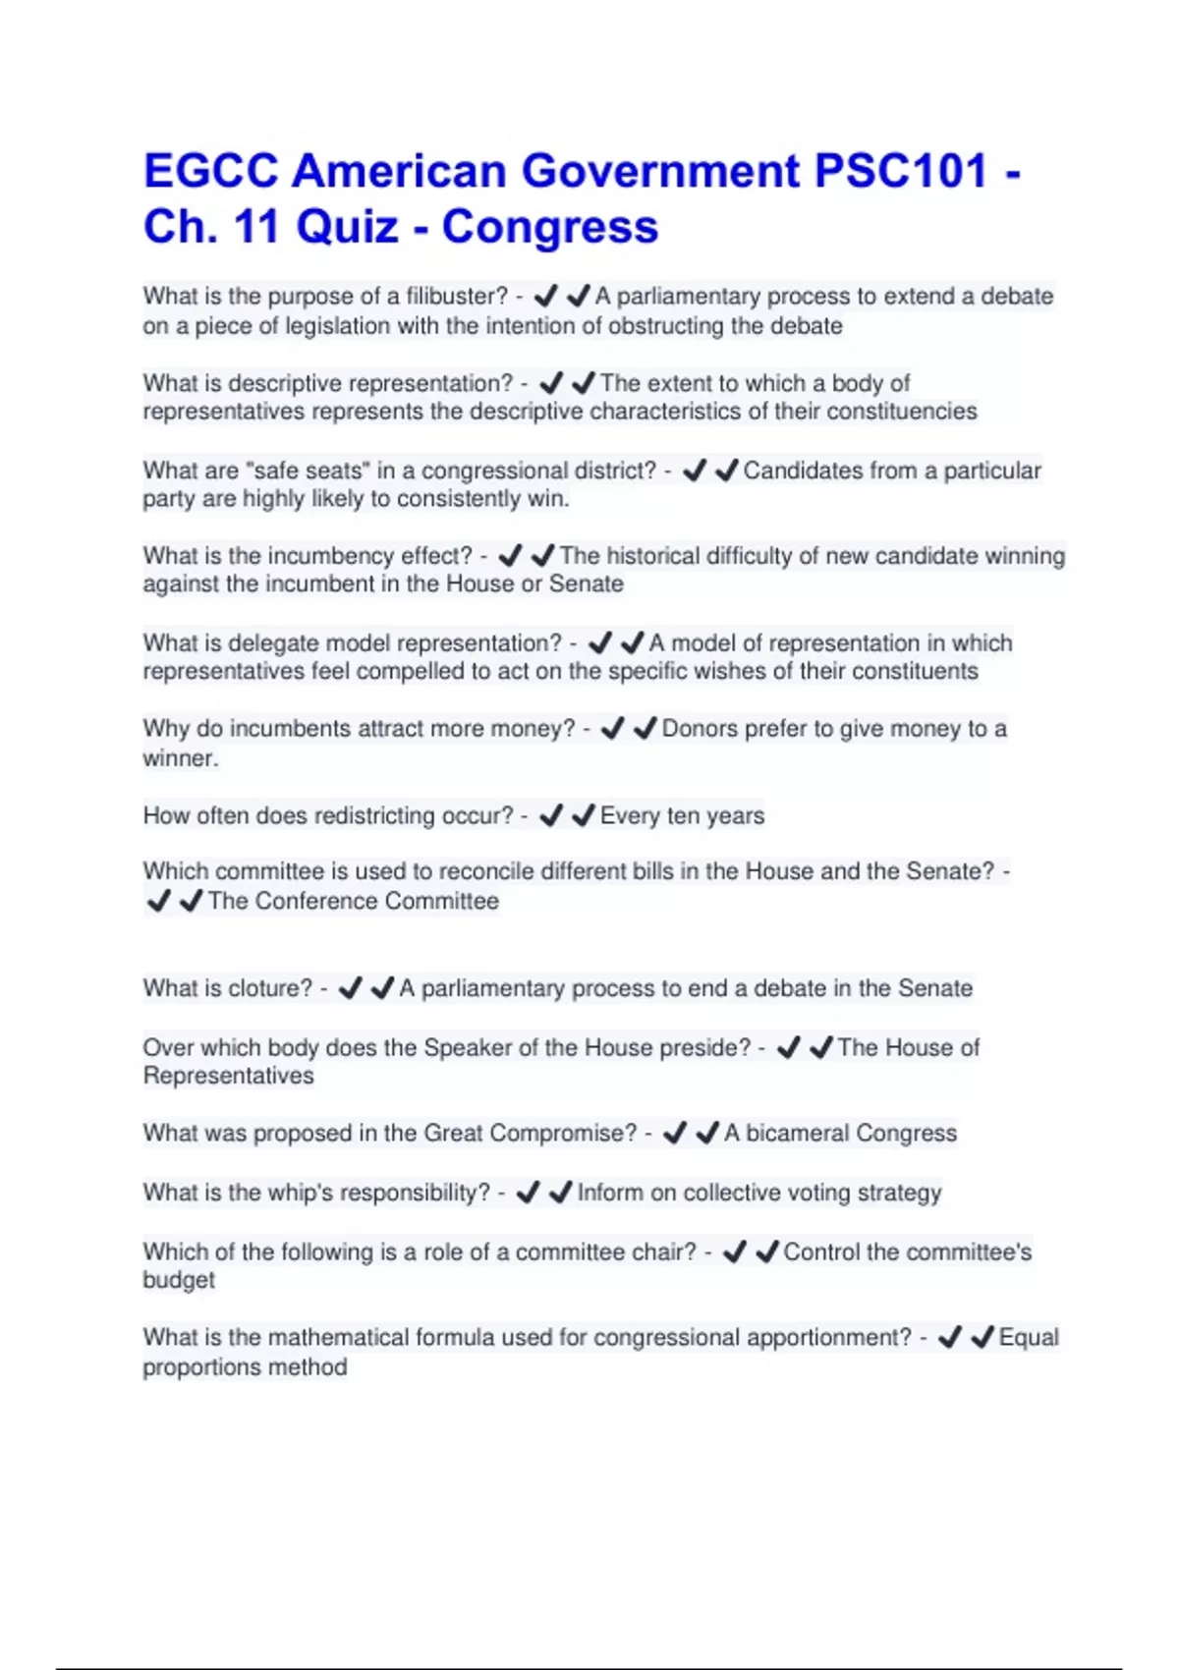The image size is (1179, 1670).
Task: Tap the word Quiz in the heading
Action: click(x=347, y=227)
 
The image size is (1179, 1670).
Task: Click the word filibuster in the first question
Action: click(x=451, y=296)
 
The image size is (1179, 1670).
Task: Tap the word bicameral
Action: click(x=796, y=1133)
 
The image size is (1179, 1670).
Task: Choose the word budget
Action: click(x=179, y=1280)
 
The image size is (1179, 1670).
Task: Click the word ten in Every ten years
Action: click(x=683, y=815)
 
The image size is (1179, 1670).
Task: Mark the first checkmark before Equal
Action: click(x=949, y=1337)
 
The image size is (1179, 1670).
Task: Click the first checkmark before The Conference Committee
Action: click(x=157, y=900)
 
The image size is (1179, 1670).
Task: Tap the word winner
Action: click(x=179, y=757)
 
